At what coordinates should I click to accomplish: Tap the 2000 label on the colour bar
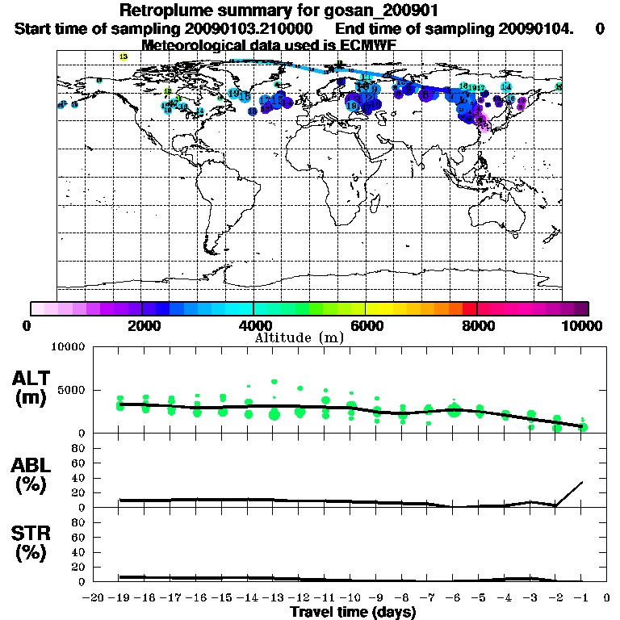tap(141, 326)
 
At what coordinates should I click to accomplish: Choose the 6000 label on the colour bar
tap(365, 326)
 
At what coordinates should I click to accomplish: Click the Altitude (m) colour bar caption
tap(300, 337)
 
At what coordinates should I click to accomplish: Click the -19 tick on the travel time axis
tap(120, 599)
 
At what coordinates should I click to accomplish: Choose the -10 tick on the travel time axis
tap(350, 599)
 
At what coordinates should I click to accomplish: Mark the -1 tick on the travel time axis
tap(582, 599)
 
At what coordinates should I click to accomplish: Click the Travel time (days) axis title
tap(353, 613)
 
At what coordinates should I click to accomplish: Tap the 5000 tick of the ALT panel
tap(73, 390)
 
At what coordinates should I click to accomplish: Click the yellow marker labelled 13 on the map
tap(123, 57)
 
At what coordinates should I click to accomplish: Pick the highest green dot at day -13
tap(274, 381)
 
